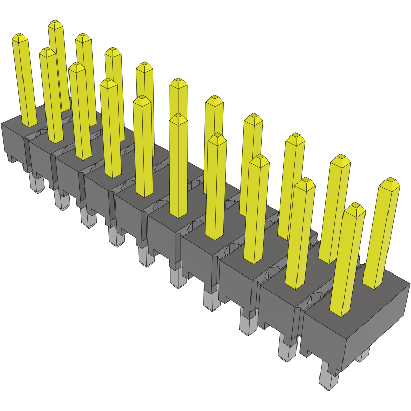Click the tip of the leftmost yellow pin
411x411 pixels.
19,38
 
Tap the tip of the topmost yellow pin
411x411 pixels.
55,24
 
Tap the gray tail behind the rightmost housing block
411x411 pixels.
362,355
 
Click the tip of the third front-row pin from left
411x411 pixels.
76,67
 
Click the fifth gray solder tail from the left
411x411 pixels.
146,256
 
